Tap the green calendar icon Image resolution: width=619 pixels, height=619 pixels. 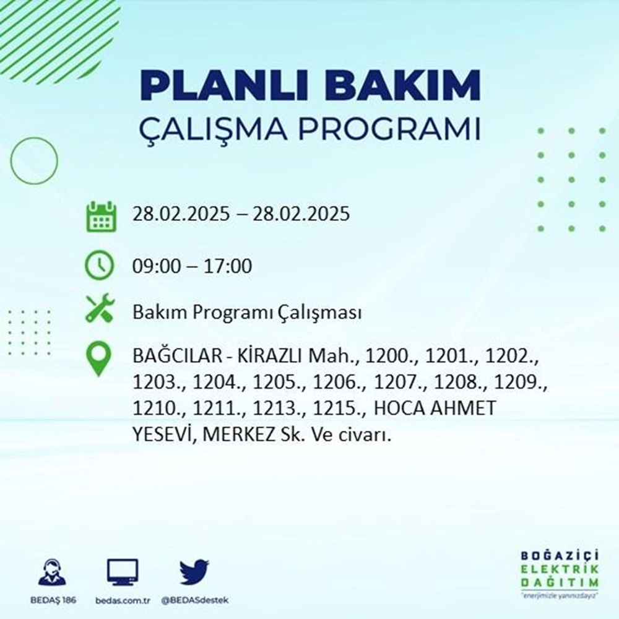coord(100,216)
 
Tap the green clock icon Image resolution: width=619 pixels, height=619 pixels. coord(100,266)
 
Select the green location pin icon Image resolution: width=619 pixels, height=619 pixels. coord(100,360)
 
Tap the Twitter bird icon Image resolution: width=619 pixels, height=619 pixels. coord(194,573)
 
